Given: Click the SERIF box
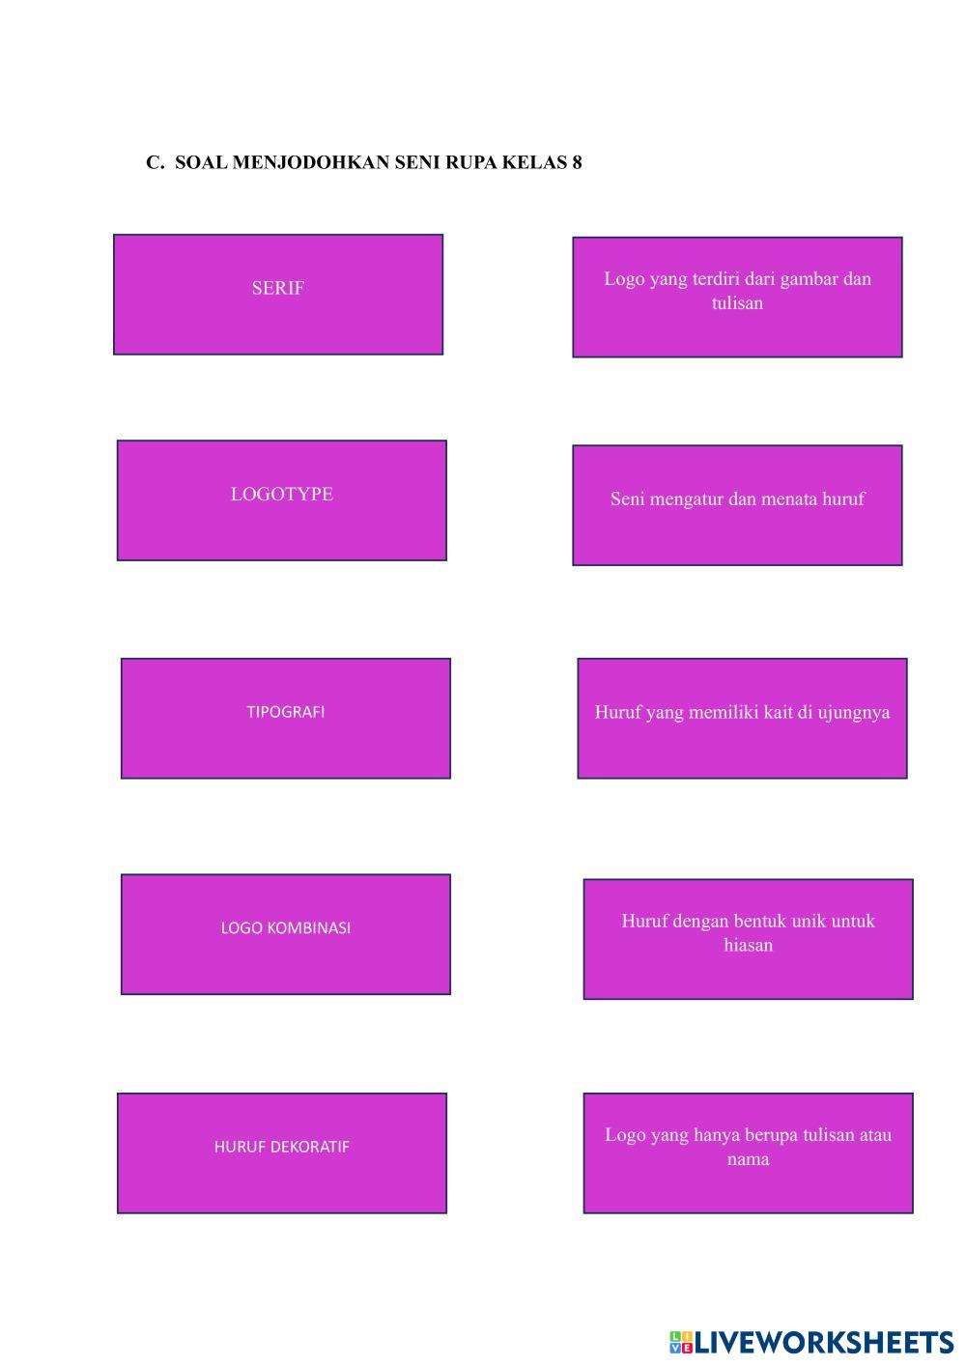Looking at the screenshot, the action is [278, 294].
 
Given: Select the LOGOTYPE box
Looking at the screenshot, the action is [281, 499].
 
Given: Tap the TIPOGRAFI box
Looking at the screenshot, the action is [285, 718].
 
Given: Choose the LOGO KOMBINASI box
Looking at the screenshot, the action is [285, 933].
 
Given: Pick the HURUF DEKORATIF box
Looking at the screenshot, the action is [281, 1153].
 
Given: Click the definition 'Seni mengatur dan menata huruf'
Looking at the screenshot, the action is [737, 504].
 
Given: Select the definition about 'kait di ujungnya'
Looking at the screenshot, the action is [742, 718].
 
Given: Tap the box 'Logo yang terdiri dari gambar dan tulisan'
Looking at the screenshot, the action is [737, 297].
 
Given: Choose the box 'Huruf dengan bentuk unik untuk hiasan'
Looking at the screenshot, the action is [748, 938].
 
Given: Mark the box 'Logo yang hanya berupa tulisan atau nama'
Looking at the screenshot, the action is [748, 1153].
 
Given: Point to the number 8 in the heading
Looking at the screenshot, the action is [577, 162].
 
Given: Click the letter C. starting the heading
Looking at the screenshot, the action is [155, 162].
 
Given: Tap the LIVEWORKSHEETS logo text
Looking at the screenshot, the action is [823, 1342].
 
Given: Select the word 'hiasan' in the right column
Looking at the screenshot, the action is [748, 945].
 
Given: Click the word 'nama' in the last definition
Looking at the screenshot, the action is [748, 1159].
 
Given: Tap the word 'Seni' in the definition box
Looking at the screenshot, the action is [627, 499].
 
